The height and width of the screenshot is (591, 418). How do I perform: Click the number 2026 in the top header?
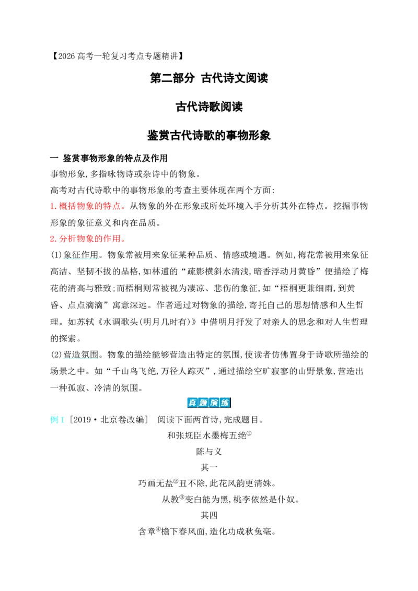coord(67,56)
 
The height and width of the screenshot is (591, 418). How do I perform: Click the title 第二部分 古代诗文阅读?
coord(209,78)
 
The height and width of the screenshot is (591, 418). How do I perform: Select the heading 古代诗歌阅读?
coord(209,107)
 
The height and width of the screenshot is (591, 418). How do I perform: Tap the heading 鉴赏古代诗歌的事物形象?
coord(209,135)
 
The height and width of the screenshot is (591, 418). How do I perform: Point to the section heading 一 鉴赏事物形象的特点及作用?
coord(109,158)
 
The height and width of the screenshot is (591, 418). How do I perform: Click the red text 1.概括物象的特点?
coord(85,206)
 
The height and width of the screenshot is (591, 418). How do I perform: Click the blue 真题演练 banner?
coord(209,403)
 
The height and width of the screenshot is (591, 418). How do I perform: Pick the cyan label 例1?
coord(57,420)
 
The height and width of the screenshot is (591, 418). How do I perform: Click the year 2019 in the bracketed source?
coord(82,420)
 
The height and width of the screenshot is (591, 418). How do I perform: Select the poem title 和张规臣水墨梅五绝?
coord(207,436)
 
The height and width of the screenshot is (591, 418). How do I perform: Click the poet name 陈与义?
coord(209,452)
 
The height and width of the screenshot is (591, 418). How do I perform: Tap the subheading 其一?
coord(209,467)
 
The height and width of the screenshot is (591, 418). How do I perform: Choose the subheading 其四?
coord(209,515)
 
